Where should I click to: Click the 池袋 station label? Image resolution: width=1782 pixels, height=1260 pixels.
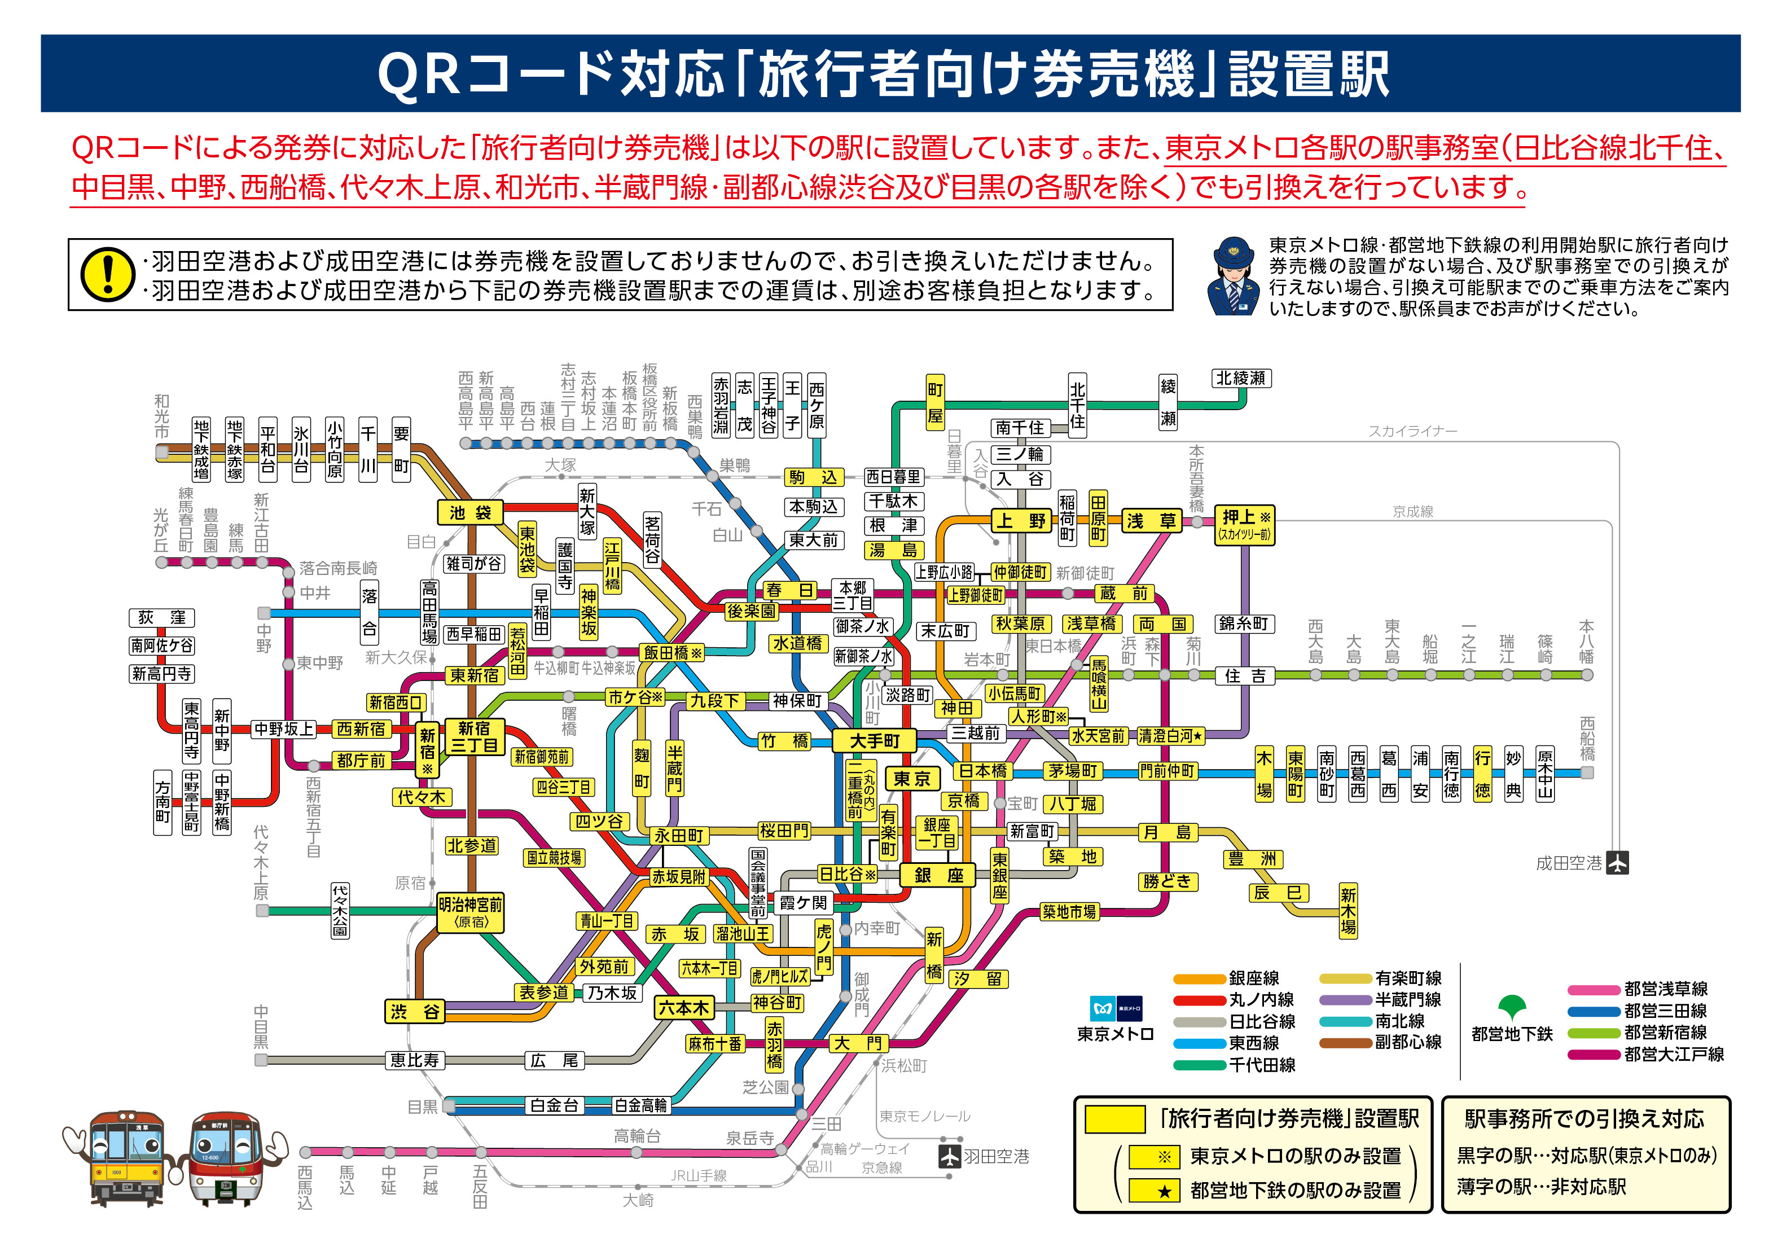471,512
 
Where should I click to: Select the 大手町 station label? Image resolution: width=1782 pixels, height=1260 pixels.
874,741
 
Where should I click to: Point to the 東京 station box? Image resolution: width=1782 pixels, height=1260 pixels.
911,779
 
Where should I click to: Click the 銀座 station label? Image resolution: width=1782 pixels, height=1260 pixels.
938,875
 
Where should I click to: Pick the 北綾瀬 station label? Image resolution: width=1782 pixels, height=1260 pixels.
1241,378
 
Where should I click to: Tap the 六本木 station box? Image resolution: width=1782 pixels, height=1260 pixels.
684,1008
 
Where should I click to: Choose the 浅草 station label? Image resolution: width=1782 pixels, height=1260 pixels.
1152,521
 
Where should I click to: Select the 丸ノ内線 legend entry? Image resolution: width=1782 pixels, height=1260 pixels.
1234,1000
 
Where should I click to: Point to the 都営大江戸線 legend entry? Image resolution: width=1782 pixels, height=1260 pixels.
1645,1054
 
